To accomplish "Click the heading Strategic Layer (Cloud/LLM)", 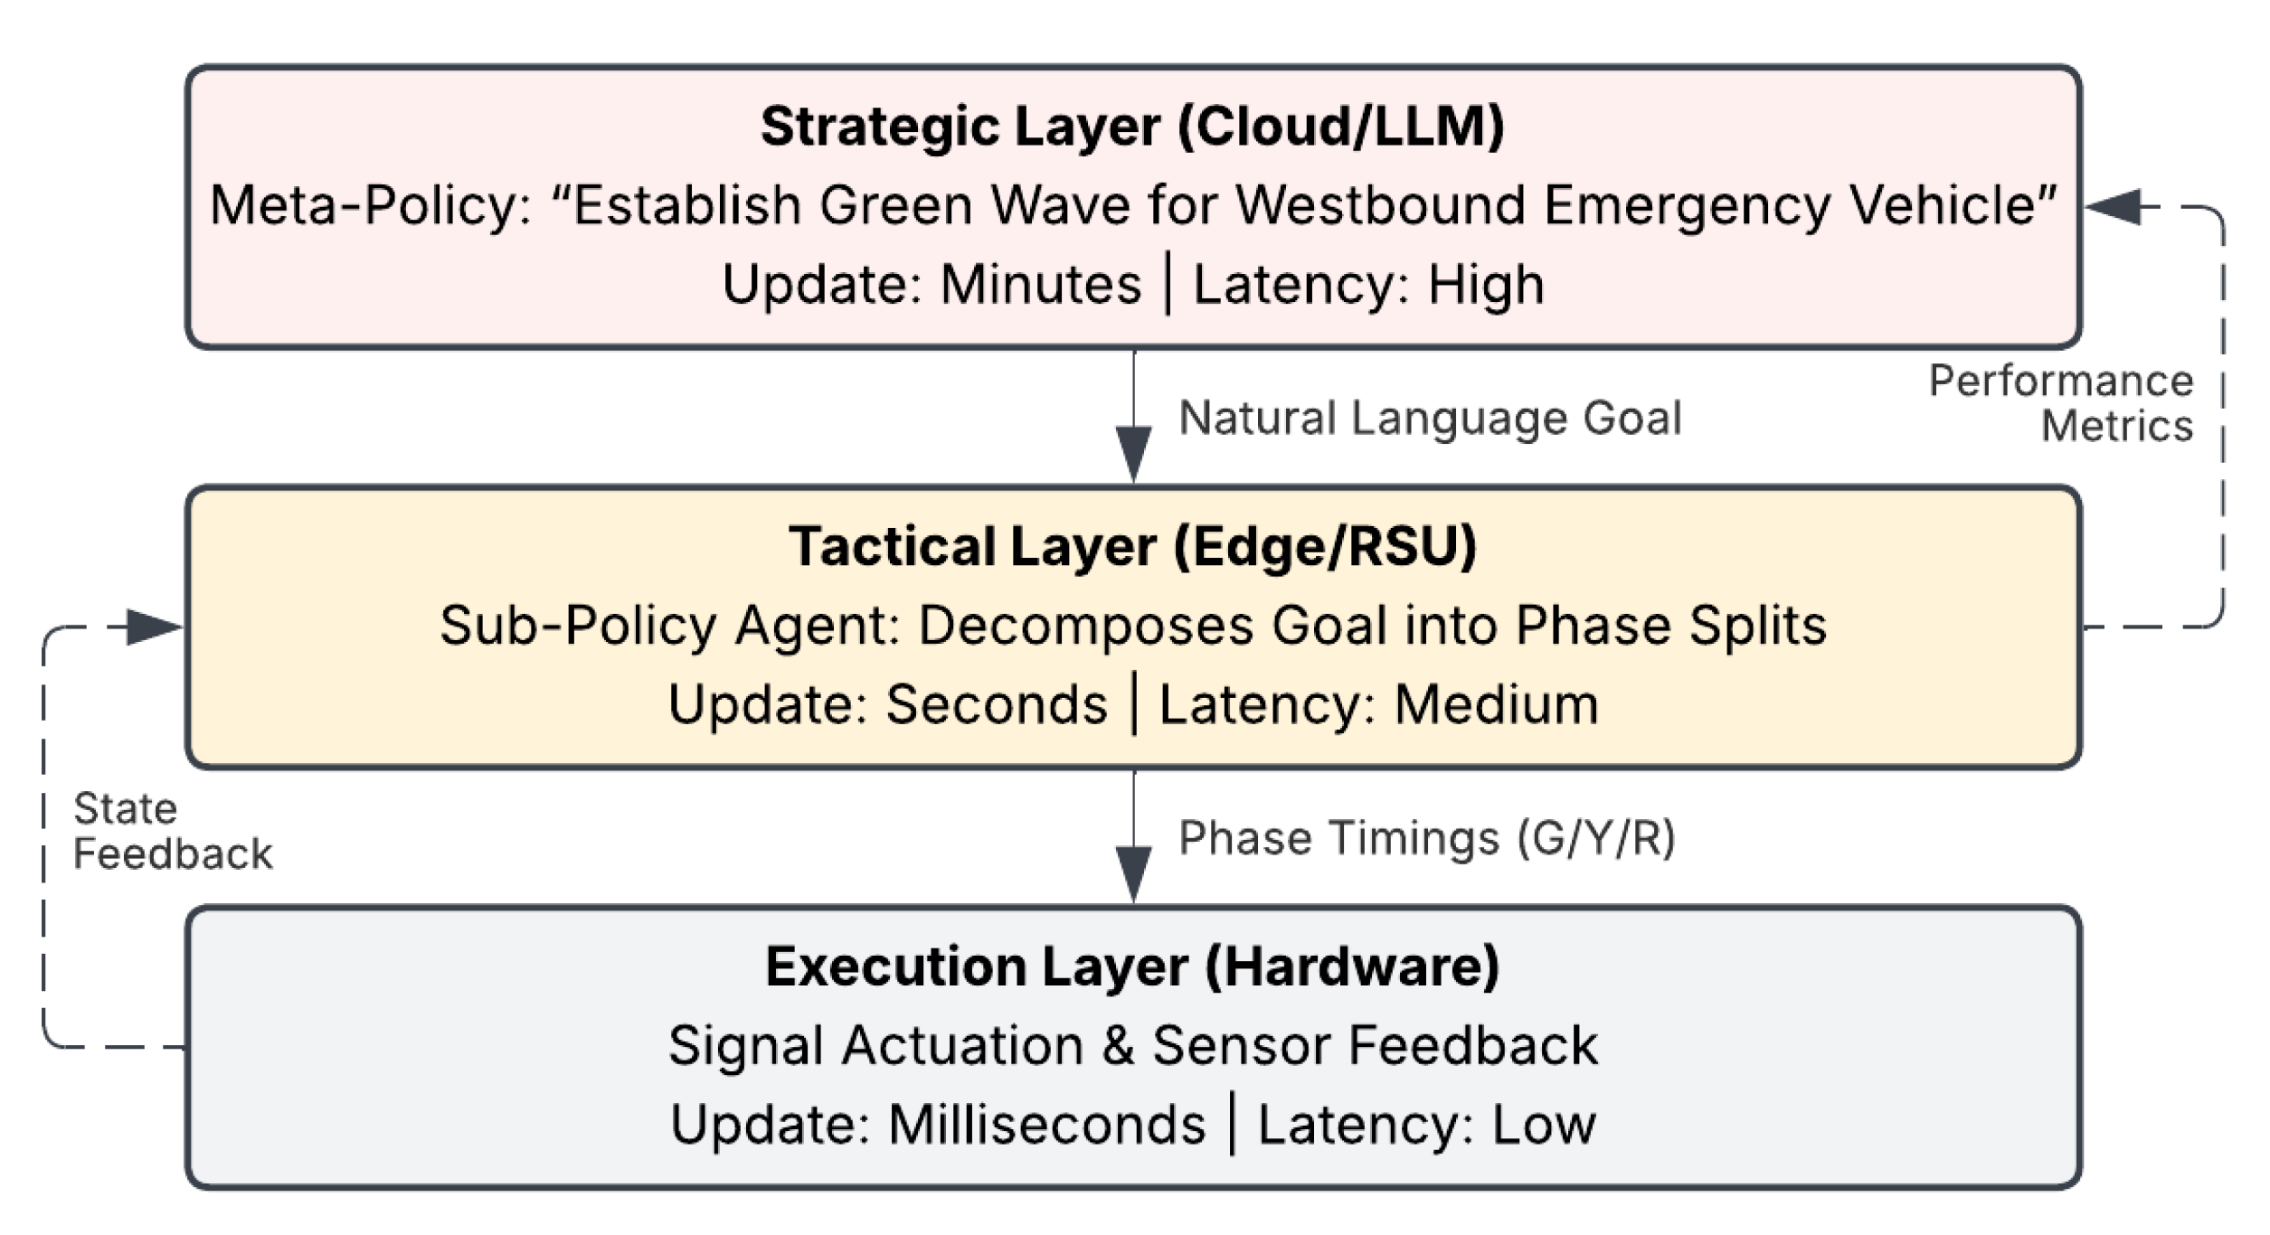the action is (1132, 127).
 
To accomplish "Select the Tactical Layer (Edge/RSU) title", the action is (1132, 547).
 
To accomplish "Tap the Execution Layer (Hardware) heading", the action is (1132, 966).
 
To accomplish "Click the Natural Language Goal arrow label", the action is (1430, 420).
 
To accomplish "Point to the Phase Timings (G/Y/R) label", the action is (1427, 839).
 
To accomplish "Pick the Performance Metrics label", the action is (2061, 403).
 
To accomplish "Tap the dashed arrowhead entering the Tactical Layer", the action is (155, 627).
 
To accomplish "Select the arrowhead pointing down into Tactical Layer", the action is (1133, 455).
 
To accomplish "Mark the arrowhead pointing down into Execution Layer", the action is (1133, 874).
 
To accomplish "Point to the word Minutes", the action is (1041, 285).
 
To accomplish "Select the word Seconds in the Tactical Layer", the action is (997, 704).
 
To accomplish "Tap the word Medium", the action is (1497, 704).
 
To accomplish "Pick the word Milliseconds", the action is (1047, 1125).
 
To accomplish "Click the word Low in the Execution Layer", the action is (1544, 1125).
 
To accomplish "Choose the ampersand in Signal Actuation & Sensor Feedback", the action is (1118, 1046).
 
